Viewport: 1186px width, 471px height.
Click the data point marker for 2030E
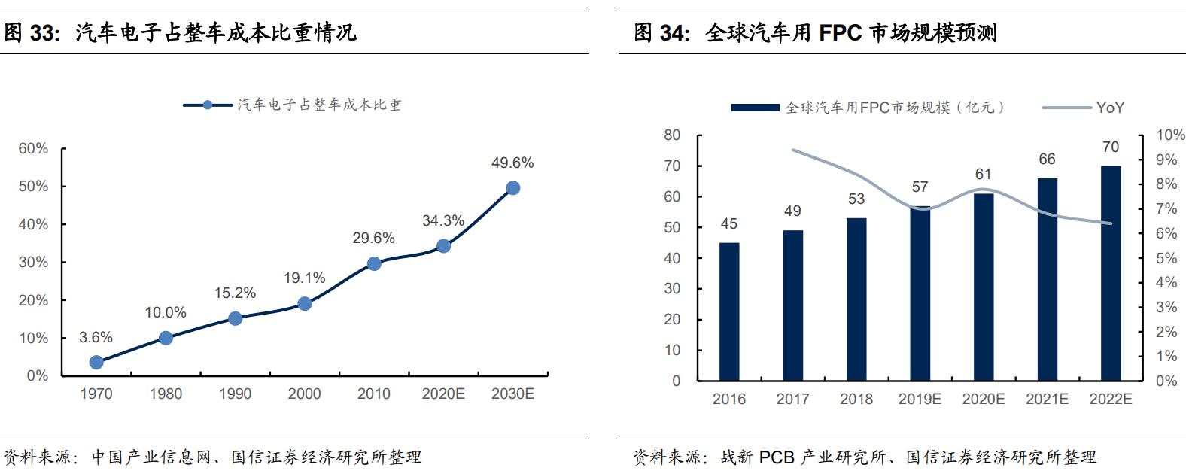(x=512, y=188)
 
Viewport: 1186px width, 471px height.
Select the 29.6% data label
(x=373, y=238)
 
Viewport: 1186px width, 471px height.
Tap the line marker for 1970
(x=96, y=362)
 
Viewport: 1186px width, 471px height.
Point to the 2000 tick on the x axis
(x=304, y=394)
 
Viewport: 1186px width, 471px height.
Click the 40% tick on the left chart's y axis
(x=33, y=224)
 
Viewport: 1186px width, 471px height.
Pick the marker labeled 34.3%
(x=443, y=246)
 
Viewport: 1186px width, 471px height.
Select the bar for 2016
(x=728, y=311)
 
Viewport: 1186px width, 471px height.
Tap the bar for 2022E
(x=1110, y=273)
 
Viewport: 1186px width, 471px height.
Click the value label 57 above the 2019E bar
(x=920, y=187)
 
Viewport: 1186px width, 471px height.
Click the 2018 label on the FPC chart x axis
(x=856, y=399)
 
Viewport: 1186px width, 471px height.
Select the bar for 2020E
(x=983, y=287)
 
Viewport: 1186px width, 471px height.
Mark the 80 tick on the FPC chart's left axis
(x=672, y=135)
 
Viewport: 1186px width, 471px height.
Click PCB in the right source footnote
(x=776, y=457)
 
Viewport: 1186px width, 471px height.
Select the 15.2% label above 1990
(x=235, y=293)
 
